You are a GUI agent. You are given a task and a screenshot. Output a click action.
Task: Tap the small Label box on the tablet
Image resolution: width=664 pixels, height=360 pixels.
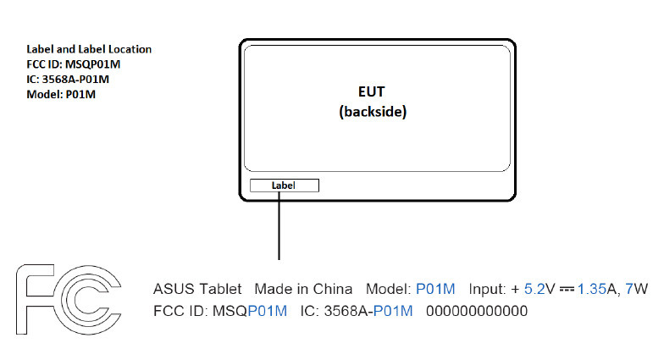(x=283, y=186)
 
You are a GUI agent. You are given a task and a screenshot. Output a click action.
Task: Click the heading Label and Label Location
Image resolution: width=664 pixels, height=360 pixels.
(x=89, y=49)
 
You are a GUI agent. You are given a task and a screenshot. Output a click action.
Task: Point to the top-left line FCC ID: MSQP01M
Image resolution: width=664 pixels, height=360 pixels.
(x=74, y=64)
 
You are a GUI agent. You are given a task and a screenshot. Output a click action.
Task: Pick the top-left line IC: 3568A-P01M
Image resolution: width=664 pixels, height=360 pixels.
(x=68, y=80)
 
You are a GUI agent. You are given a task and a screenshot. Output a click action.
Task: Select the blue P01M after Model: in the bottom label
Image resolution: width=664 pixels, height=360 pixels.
(x=435, y=289)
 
